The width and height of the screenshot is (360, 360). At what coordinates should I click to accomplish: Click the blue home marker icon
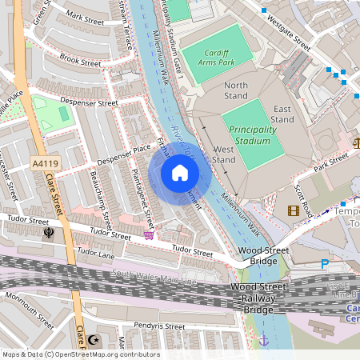(180, 172)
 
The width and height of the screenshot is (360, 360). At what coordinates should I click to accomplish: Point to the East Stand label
(282, 114)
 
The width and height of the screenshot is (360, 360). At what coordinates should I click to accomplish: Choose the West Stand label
(224, 154)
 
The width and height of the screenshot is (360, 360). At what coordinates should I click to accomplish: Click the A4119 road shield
(46, 163)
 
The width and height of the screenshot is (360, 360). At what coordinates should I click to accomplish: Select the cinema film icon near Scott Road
(294, 211)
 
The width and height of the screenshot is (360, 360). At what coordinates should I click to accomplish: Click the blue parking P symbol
(324, 263)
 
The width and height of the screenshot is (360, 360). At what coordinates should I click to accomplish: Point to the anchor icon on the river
(263, 341)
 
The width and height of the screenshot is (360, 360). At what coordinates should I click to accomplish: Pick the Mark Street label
(86, 16)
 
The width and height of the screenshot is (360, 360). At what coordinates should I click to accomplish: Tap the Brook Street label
(80, 60)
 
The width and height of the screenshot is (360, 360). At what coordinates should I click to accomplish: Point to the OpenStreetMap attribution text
(81, 354)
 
